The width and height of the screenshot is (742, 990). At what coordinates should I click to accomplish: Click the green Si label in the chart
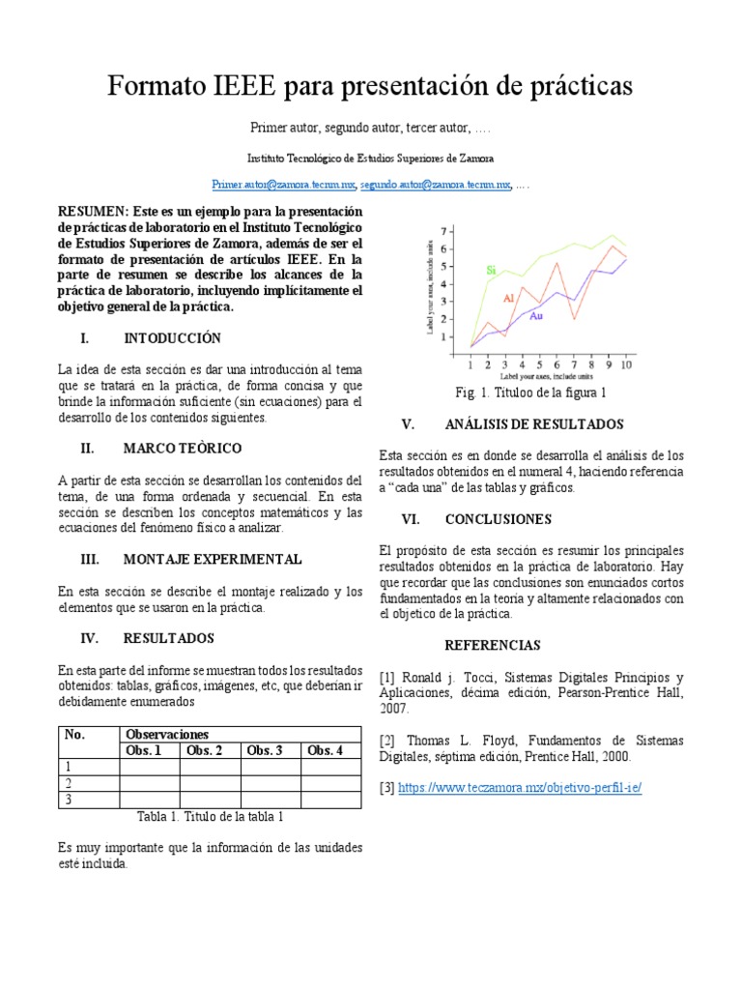[x=491, y=270]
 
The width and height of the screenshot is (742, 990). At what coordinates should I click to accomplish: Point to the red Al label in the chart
[x=508, y=299]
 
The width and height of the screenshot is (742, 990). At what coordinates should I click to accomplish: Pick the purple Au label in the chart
[x=536, y=316]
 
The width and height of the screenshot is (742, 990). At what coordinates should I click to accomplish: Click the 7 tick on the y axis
[x=444, y=231]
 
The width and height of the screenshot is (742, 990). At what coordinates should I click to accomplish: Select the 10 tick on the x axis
[x=626, y=364]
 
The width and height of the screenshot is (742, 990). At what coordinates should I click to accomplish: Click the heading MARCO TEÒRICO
[x=183, y=449]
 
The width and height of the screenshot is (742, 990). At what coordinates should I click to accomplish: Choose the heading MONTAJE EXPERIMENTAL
[x=213, y=559]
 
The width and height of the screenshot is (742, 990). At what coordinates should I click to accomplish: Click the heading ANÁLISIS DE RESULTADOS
[x=533, y=424]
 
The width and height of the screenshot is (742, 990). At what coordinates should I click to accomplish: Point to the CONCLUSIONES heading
[x=498, y=519]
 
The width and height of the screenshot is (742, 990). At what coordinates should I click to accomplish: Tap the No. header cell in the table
[x=74, y=735]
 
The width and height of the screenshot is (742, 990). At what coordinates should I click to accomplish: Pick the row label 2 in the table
[x=69, y=783]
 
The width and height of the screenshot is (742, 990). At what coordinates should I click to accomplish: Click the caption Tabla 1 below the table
[x=210, y=816]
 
